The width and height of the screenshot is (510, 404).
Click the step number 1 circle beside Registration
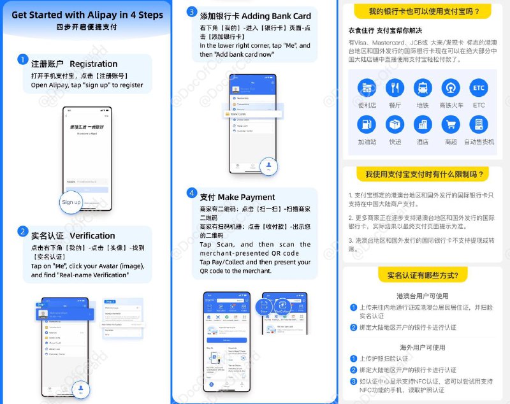click(22, 61)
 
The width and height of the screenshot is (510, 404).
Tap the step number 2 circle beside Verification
click(22, 231)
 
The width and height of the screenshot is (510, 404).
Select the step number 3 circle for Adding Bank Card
click(191, 12)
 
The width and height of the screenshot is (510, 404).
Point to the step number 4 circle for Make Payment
click(191, 193)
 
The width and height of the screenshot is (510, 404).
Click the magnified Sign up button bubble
click(71, 202)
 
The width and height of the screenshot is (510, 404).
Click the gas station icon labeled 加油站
click(367, 124)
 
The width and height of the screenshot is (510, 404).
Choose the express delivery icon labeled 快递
click(395, 124)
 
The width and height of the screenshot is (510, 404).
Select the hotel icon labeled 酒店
click(422, 124)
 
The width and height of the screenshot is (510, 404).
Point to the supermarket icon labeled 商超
click(450, 124)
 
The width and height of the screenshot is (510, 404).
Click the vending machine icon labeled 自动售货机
click(478, 124)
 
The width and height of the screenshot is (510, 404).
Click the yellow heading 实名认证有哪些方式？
click(423, 275)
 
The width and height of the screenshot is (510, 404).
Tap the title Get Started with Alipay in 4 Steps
click(87, 15)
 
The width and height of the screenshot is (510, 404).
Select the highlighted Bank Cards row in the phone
click(251, 114)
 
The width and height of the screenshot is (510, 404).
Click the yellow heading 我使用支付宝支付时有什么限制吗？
click(423, 174)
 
